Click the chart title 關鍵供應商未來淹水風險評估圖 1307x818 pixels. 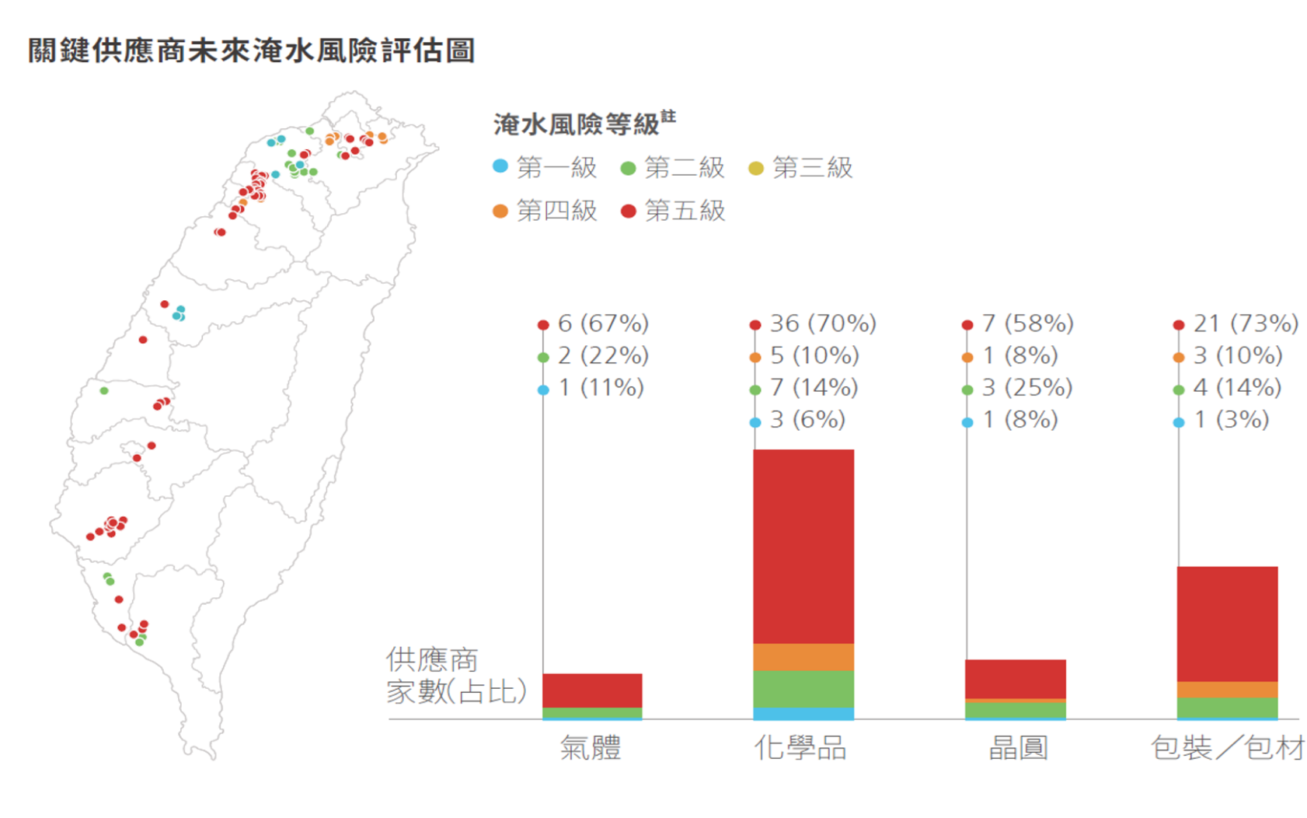[x=251, y=51]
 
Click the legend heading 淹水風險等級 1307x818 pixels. [x=577, y=124]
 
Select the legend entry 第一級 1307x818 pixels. [x=545, y=167]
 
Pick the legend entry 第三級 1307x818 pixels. [x=800, y=167]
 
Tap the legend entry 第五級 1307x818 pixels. [x=673, y=211]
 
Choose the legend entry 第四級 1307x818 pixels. [x=545, y=211]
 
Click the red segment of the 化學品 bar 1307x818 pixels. [x=803, y=546]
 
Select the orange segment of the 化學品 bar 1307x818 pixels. [x=803, y=657]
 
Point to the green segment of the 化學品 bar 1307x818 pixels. [x=803, y=689]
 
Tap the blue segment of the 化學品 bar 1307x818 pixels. [x=803, y=713]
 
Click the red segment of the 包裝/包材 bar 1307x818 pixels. [x=1227, y=624]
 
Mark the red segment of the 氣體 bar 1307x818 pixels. [x=592, y=690]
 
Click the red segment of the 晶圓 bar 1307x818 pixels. [x=1015, y=679]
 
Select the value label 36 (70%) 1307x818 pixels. [x=822, y=323]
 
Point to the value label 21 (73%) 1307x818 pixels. [x=1245, y=323]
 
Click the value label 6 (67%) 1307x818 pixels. [x=602, y=323]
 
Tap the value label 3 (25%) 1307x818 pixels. [x=1026, y=387]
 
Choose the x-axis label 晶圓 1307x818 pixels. [x=1018, y=748]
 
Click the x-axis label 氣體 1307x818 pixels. [x=591, y=748]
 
